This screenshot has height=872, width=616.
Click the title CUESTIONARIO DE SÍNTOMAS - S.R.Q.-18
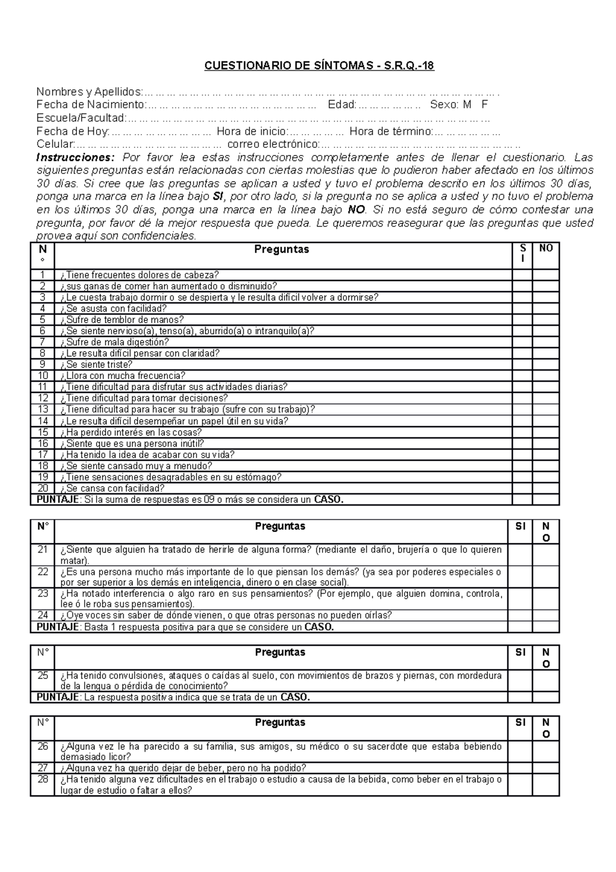click(319, 66)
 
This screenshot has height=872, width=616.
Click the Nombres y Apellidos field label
click(89, 92)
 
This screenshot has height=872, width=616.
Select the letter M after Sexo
click(467, 105)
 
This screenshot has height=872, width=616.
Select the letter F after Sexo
click(485, 105)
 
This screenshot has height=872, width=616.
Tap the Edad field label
click(342, 105)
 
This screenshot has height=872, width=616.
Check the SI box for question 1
click(522, 275)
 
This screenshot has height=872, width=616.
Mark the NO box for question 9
click(546, 364)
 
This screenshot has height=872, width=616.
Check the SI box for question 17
click(522, 454)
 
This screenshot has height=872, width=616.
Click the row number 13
click(43, 409)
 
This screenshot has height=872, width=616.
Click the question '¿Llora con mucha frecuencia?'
click(123, 376)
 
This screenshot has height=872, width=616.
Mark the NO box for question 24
click(546, 615)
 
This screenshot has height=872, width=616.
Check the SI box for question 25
click(520, 681)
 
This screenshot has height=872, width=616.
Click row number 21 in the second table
click(43, 549)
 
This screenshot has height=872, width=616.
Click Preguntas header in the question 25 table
click(280, 652)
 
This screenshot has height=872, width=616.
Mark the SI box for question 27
click(520, 768)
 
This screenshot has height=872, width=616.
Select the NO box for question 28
click(546, 785)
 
